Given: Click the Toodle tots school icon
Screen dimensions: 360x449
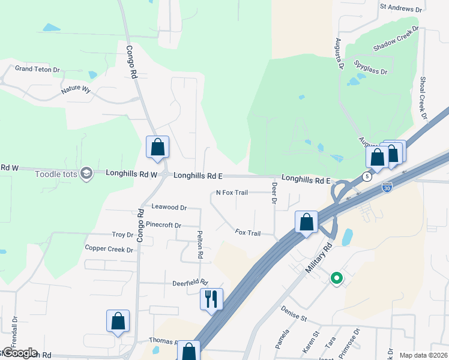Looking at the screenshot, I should click(86, 174).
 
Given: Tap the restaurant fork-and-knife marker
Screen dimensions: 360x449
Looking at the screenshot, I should click(211, 299).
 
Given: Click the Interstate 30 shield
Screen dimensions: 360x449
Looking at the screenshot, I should click(388, 188).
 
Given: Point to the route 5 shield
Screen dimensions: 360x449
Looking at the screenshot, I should click(366, 176).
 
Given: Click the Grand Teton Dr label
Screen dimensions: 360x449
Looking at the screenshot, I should click(38, 70).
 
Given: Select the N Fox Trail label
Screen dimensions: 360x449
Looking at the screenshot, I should click(232, 193).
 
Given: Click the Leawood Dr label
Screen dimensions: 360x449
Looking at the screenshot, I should click(169, 207).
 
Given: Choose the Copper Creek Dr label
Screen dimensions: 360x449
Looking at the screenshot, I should click(109, 249).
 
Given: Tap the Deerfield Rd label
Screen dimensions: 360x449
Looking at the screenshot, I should click(190, 282).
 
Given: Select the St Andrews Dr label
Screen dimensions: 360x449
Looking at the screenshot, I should click(401, 8).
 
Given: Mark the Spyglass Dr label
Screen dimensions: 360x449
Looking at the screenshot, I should click(371, 67).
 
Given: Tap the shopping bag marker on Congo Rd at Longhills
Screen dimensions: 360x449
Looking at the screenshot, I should click(157, 147).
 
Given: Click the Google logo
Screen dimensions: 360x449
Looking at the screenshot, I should click(19, 353).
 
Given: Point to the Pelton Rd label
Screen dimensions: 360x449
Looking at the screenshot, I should click(199, 244).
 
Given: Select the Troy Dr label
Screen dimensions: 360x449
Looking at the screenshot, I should click(122, 235).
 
